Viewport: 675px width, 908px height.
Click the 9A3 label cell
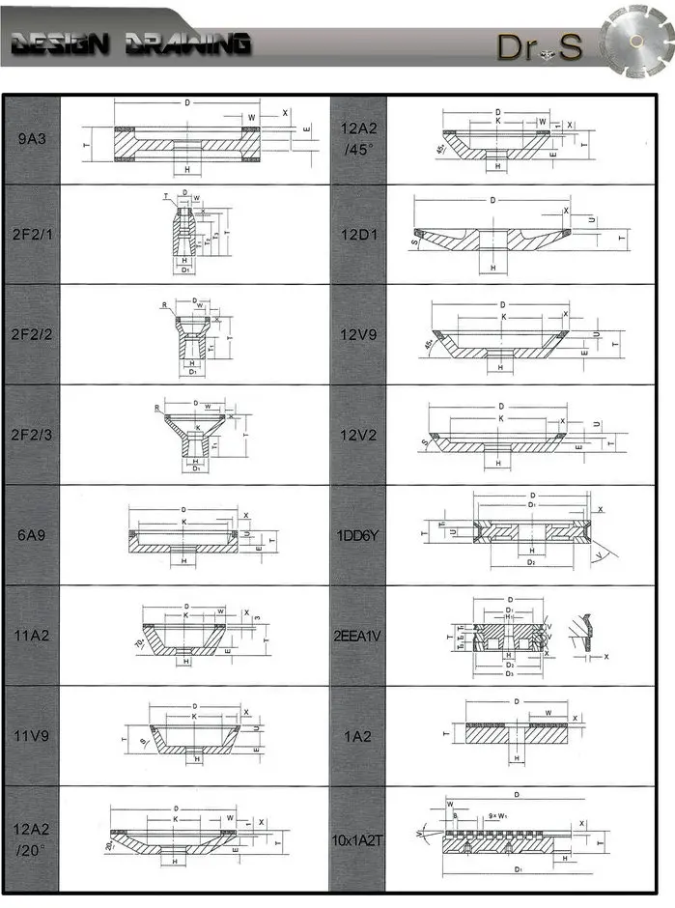(x=33, y=139)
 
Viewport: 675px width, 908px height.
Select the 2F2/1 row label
(x=33, y=234)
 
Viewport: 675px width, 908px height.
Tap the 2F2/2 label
(x=33, y=334)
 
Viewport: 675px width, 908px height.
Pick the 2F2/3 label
(x=33, y=435)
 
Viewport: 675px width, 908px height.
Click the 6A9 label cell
(x=33, y=534)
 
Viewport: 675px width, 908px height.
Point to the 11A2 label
(x=33, y=635)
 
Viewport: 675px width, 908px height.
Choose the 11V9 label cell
(x=33, y=735)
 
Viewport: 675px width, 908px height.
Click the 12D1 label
(x=357, y=234)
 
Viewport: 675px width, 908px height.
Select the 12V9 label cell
(x=357, y=334)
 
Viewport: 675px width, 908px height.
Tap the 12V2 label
(x=357, y=435)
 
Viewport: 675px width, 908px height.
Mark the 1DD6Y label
(x=357, y=534)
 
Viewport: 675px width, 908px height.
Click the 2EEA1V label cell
(x=357, y=635)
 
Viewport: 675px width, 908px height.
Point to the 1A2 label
(x=357, y=735)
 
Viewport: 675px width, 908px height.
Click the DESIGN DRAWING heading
(x=130, y=43)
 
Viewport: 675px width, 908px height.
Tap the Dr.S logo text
(x=541, y=46)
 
